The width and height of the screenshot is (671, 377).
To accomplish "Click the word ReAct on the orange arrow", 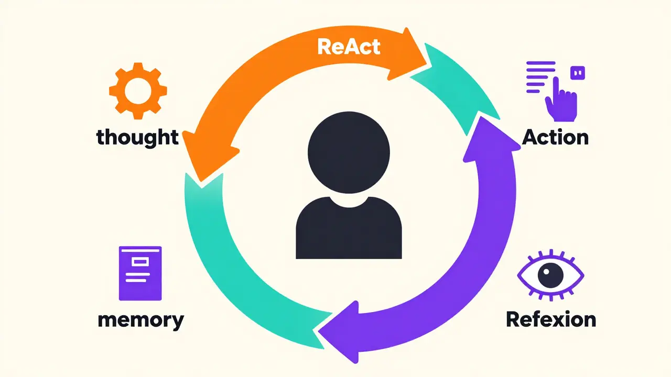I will pos(349,47).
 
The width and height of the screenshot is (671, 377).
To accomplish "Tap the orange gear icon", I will pos(138,91).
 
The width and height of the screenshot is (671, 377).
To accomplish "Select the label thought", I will pos(137,137).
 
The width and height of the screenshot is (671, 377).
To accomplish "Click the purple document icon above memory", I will pos(140,273).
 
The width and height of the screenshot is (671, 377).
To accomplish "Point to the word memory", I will pos(140,319).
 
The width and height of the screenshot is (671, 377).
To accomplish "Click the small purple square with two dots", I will pos(578,73).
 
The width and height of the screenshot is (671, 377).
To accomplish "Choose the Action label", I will pos(555,137).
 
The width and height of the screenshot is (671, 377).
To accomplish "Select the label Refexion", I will pos(550,319).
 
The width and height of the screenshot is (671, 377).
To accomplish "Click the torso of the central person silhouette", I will pos(349,228).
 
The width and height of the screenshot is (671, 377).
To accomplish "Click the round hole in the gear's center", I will pos(138,91).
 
